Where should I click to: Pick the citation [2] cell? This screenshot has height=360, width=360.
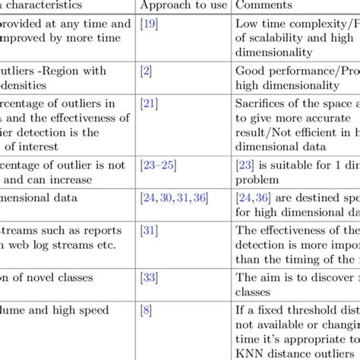(x=146, y=71)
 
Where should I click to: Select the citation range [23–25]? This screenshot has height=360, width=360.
(x=159, y=163)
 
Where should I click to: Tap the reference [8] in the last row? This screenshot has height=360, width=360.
(x=146, y=310)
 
